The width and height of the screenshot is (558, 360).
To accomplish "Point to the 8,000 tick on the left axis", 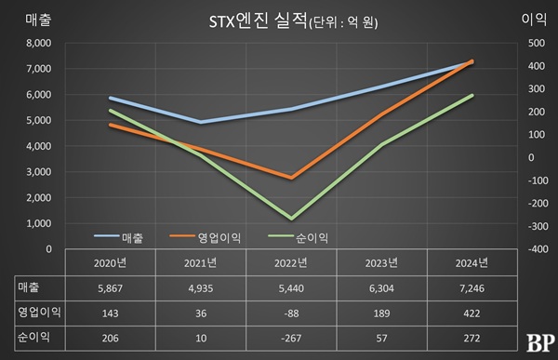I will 37,43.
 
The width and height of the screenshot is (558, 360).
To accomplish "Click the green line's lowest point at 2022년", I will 292,219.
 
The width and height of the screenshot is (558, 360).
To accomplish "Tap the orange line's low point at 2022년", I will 292,178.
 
